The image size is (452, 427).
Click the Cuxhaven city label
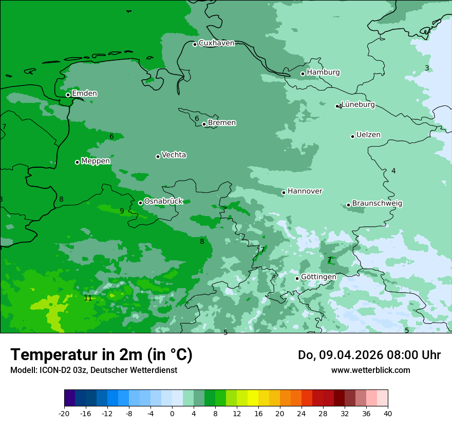[216, 43]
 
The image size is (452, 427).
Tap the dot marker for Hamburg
[303, 74]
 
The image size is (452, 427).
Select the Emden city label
[84, 94]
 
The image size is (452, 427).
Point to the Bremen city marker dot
[204, 124]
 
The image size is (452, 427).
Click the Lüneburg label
[358, 105]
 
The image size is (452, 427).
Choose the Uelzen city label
[368, 135]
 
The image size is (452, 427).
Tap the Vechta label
[174, 155]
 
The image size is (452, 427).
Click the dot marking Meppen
[78, 162]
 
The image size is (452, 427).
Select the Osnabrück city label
[163, 201]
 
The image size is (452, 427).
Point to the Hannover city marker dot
[284, 192]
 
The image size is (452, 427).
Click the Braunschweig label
[377, 204]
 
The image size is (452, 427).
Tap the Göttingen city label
[318, 277]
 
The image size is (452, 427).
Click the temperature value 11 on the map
[88, 298]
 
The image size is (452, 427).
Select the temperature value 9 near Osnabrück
[122, 211]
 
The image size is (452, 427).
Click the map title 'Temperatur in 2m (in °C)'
[101, 355]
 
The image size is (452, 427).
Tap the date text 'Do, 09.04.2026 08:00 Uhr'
[369, 355]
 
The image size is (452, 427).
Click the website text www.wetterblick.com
[370, 370]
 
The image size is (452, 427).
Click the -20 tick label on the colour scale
[64, 413]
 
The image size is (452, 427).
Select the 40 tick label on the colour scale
[388, 413]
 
